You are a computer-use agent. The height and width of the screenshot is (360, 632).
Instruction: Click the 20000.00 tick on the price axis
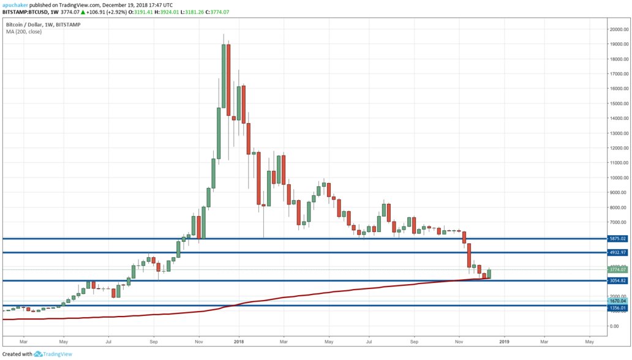tap(617, 29)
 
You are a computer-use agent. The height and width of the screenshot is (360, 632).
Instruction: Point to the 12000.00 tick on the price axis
tap(617, 148)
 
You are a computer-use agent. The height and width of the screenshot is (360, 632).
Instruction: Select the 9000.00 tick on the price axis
tap(617, 192)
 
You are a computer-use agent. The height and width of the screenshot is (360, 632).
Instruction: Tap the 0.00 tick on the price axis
tap(613, 326)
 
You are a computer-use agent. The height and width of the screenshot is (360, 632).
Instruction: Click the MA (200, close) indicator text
tap(24, 31)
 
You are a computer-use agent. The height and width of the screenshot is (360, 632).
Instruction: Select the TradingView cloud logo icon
tap(37, 354)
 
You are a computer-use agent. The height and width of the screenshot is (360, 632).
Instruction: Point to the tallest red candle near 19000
tap(228, 80)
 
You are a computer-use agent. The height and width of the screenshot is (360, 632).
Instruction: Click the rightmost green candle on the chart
tap(489, 274)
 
